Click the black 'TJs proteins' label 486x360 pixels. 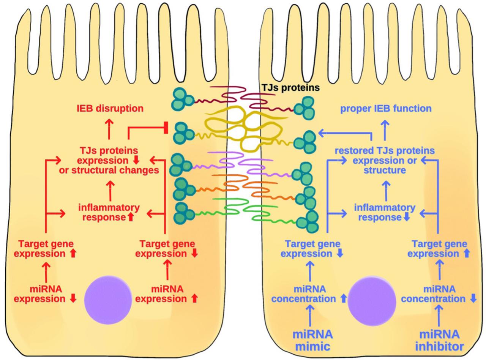(x=290, y=88)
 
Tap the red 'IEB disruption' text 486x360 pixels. (x=110, y=109)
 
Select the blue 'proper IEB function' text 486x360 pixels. (x=385, y=109)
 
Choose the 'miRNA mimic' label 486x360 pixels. (x=312, y=340)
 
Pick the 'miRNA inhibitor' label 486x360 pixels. (x=439, y=340)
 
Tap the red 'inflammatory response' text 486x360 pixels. (x=109, y=212)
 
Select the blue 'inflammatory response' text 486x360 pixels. (x=384, y=212)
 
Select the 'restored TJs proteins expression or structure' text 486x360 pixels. (x=384, y=160)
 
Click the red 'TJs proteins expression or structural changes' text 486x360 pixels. (x=109, y=160)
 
